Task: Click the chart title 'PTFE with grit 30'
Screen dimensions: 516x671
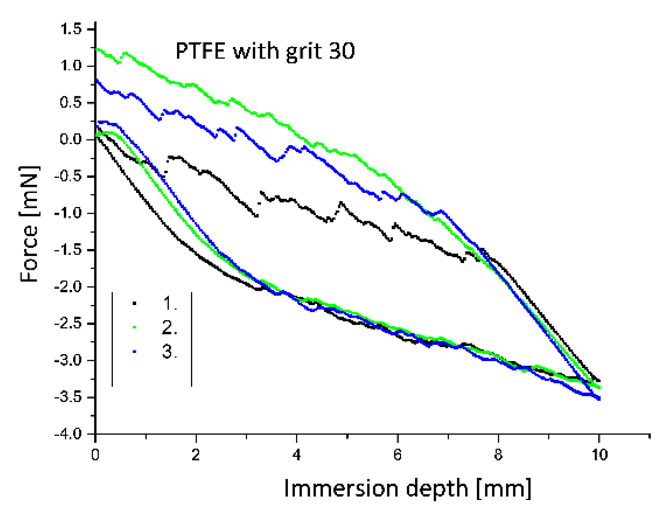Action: pos(265,52)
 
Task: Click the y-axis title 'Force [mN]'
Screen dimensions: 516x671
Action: pos(29,224)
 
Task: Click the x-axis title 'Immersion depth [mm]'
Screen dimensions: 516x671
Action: pos(407,488)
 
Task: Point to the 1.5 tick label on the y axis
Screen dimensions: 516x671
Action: pos(71,29)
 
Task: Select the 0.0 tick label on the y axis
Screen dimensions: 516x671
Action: pos(71,139)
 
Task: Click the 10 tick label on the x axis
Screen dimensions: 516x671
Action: pos(599,455)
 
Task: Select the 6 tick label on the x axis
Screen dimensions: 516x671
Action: pos(397,455)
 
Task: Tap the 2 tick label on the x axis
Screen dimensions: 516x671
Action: pos(196,455)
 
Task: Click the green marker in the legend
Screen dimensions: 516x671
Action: pos(134,327)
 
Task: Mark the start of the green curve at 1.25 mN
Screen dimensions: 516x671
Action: pos(96,49)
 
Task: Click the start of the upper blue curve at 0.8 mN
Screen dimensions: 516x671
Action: pos(96,80)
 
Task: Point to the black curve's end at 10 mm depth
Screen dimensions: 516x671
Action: pos(599,381)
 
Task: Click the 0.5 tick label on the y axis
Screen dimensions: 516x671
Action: pos(71,103)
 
